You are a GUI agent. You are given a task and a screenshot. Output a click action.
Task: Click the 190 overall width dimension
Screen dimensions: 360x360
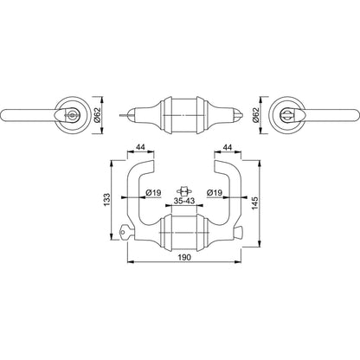point(184,257)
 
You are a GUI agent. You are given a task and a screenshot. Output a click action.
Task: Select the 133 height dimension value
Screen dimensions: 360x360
point(106,199)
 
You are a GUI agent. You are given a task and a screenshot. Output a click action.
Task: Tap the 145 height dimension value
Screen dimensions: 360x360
point(254,203)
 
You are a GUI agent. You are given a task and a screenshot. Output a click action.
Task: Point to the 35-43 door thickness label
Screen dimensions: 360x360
point(184,201)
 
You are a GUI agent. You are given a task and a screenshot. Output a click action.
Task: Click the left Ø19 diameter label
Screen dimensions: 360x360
point(153,192)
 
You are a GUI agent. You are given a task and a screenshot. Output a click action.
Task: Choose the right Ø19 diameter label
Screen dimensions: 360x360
point(215,192)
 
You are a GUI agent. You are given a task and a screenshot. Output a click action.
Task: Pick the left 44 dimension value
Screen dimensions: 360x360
point(140,147)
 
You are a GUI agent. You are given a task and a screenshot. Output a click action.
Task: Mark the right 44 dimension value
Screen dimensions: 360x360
point(228,147)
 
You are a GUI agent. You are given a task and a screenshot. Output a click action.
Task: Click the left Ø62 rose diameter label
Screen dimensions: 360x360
point(97,115)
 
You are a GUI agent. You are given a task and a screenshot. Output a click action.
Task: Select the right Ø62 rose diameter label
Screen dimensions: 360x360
point(255,115)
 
